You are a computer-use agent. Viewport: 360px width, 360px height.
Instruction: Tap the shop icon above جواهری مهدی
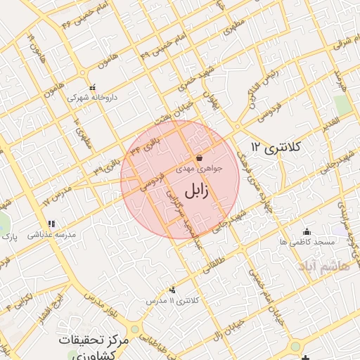pos(200,157)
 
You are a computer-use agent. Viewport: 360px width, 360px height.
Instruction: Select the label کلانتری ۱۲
pos(275,147)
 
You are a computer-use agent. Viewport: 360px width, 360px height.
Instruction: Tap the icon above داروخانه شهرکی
pos(92,88)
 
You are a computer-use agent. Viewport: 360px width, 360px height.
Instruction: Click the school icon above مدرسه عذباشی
pos(51,224)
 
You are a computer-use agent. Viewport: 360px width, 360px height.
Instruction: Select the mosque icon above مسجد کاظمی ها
pos(306,231)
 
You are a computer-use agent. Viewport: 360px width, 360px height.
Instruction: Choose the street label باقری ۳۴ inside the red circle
pos(148,146)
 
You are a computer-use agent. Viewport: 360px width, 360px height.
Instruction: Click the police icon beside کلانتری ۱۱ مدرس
pos(172,290)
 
